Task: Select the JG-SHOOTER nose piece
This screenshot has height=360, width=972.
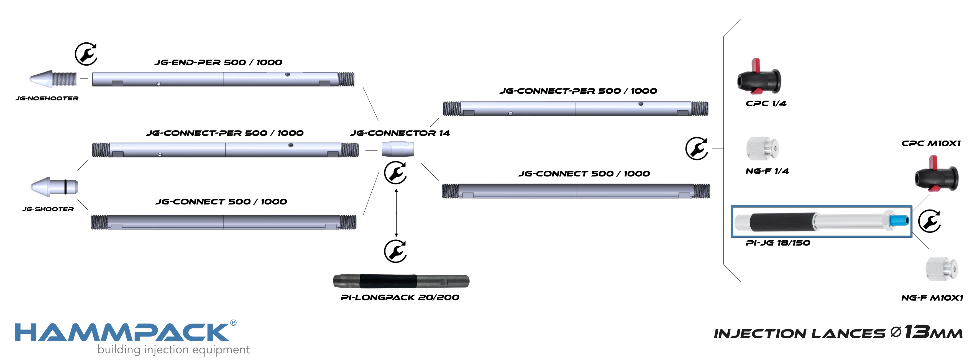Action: pyautogui.click(x=54, y=187)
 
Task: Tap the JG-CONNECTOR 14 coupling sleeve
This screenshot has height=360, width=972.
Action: pyautogui.click(x=397, y=149)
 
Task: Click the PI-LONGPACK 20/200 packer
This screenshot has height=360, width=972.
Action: pyautogui.click(x=401, y=281)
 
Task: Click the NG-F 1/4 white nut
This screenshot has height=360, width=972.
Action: pyautogui.click(x=762, y=148)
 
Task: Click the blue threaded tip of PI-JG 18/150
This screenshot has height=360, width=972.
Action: pyautogui.click(x=899, y=220)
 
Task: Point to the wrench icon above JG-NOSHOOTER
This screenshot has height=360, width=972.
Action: pyautogui.click(x=86, y=54)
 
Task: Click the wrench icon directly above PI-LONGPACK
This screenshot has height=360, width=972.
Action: pyautogui.click(x=395, y=251)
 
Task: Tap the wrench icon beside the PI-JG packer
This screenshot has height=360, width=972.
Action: pyautogui.click(x=929, y=221)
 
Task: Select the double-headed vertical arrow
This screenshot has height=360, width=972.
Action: pyautogui.click(x=396, y=213)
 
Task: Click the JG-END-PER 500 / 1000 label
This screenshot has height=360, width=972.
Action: pyautogui.click(x=218, y=63)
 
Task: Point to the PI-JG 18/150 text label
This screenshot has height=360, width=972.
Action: pyautogui.click(x=778, y=243)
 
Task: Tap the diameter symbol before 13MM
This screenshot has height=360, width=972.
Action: pyautogui.click(x=896, y=333)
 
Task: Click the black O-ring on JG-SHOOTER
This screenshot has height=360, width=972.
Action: pyautogui.click(x=65, y=187)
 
